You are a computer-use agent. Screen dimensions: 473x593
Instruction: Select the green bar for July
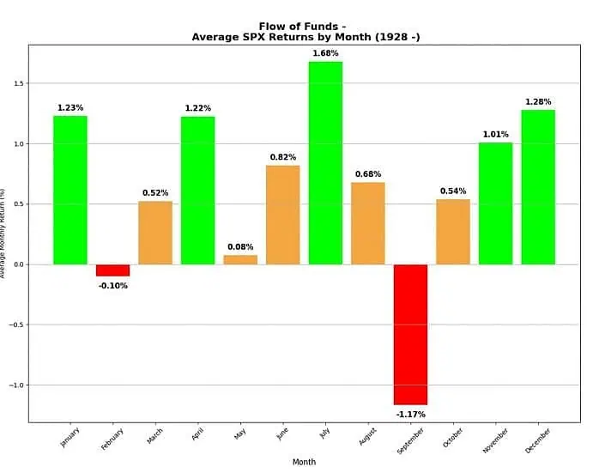[x=325, y=163]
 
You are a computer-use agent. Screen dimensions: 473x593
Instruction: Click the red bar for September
[x=410, y=334]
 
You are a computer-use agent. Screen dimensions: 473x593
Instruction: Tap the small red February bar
[x=112, y=270]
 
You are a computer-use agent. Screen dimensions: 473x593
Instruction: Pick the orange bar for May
[x=240, y=259]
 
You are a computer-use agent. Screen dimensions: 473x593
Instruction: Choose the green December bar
[x=538, y=187]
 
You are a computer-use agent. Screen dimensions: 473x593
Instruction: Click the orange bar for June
[x=283, y=215]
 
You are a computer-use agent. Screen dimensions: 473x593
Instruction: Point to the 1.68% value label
[x=325, y=54]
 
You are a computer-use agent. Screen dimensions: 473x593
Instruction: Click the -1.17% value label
[x=410, y=414]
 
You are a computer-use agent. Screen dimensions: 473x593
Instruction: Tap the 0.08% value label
[x=240, y=247]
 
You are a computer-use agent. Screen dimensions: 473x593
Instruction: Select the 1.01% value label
[x=495, y=134]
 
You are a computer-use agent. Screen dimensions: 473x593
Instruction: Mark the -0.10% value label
[x=112, y=286]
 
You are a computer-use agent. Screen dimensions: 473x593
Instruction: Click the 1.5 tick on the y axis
[x=19, y=84]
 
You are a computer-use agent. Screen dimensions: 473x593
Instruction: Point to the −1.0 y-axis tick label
[x=16, y=385]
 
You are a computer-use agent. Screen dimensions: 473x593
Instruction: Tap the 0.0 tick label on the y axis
[x=19, y=265]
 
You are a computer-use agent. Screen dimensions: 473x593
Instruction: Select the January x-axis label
[x=70, y=436]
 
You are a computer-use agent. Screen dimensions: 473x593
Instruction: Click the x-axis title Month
[x=304, y=462]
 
